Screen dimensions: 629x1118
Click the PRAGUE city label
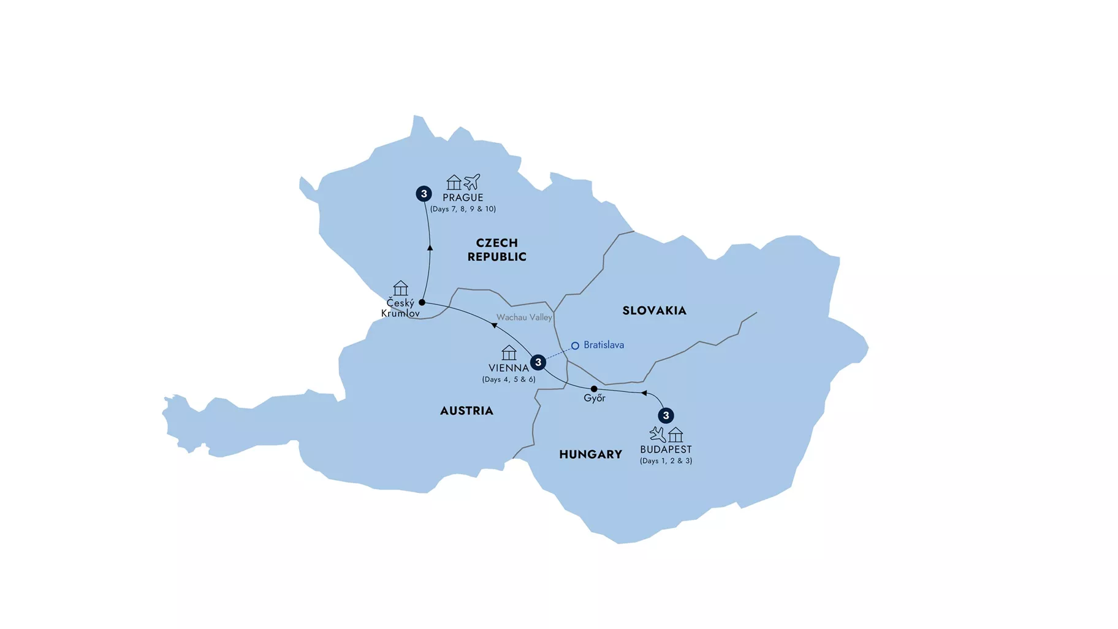(x=463, y=197)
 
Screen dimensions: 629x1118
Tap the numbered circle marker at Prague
(x=424, y=194)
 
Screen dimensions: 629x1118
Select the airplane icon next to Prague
(x=472, y=181)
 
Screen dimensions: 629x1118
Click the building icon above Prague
(x=454, y=182)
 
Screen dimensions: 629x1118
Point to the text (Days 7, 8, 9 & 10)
(x=463, y=209)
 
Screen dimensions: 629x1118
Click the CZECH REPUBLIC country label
(x=497, y=250)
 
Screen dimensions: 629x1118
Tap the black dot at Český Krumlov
(x=422, y=302)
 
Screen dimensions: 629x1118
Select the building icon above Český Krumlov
(x=400, y=288)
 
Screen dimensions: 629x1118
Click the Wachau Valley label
(x=524, y=318)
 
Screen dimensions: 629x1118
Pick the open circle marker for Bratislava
(x=575, y=346)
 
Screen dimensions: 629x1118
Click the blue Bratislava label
(x=604, y=345)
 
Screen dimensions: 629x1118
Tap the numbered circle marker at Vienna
(x=538, y=362)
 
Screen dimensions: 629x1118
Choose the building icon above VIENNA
(x=509, y=353)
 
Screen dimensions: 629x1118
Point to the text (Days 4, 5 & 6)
(x=509, y=379)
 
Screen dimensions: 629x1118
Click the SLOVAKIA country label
(x=654, y=311)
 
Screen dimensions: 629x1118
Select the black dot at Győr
(x=594, y=389)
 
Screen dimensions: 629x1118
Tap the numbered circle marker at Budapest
(x=666, y=416)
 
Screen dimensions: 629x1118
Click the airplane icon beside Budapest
(x=657, y=435)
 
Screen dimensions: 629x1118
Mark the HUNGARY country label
(x=590, y=454)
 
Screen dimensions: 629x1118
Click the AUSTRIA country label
(x=466, y=411)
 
